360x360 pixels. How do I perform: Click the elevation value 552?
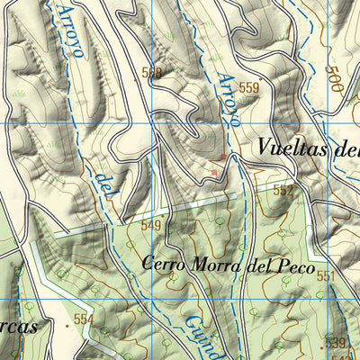click(x=283, y=191)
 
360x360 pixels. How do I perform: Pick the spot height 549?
click(x=150, y=225)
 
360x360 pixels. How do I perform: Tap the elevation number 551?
click(x=325, y=275)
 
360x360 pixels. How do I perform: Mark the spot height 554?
click(x=84, y=319)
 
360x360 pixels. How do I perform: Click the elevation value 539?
click(x=335, y=342)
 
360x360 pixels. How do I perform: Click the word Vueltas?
click(x=292, y=147)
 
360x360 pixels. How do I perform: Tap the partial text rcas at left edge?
click(x=18, y=327)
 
